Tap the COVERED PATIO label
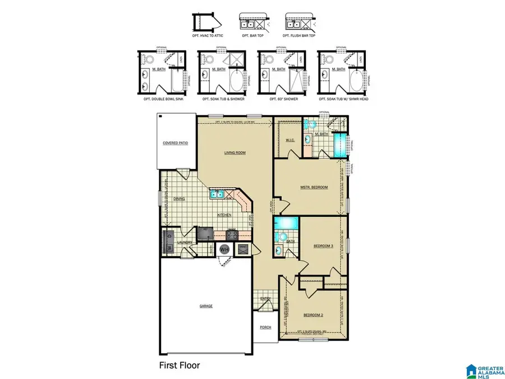click(175, 143)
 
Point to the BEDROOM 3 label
click(323, 246)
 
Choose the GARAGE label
click(206, 306)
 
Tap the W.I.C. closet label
click(290, 140)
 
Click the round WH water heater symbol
click(224, 248)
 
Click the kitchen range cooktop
click(231, 235)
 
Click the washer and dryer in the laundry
click(169, 243)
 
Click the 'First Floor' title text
click(178, 365)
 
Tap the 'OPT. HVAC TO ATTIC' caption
click(207, 36)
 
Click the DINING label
click(179, 198)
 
